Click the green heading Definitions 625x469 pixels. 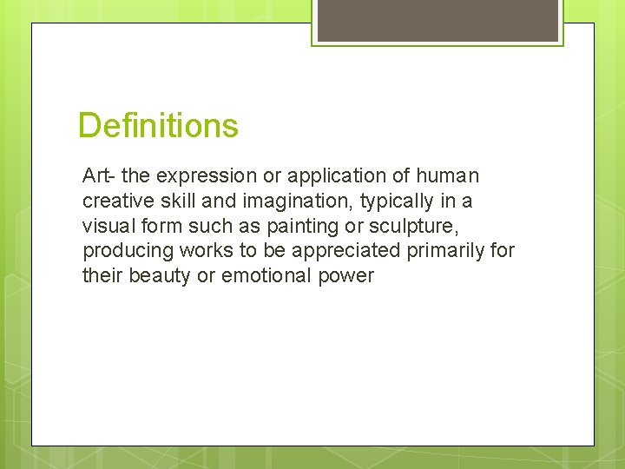158,126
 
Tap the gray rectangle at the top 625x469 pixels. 437,20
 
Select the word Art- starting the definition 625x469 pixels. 99,176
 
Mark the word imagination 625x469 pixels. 270,201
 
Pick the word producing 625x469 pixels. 125,252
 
